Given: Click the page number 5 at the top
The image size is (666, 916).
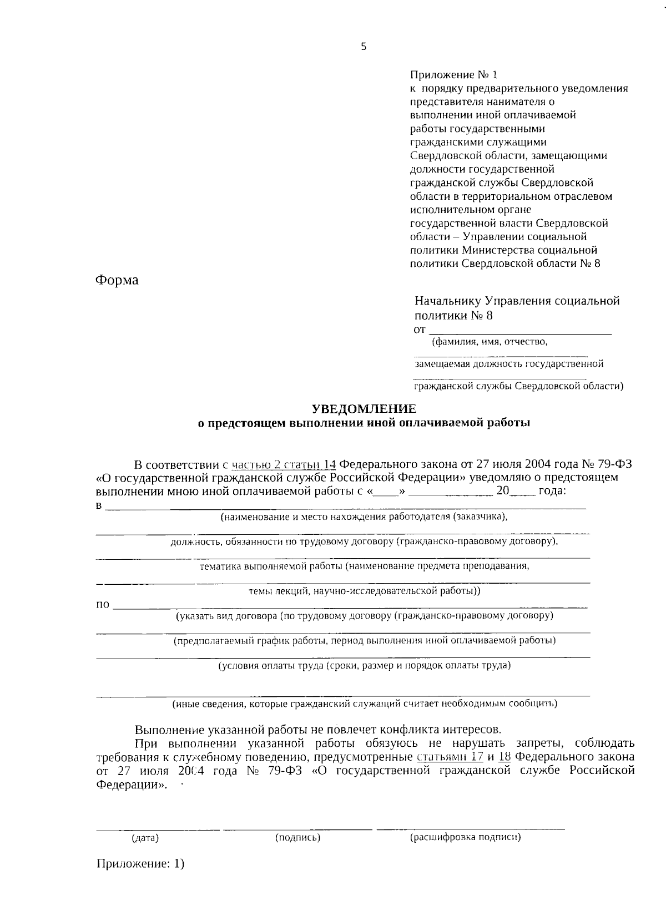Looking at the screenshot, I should [x=364, y=47].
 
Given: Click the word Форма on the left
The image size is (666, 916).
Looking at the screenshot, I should [x=117, y=280].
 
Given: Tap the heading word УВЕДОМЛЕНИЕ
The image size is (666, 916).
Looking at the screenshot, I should [x=364, y=409].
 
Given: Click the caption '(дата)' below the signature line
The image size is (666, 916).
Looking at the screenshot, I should [x=145, y=838].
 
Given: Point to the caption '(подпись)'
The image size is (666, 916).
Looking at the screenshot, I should [x=298, y=837].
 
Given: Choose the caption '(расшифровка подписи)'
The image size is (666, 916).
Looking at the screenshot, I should [x=465, y=837].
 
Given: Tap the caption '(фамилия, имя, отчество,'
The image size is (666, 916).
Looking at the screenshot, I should [x=490, y=342].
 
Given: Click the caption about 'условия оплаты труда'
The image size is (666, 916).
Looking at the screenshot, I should [x=364, y=665].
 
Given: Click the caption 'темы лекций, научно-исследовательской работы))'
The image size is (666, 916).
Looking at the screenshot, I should [x=364, y=591].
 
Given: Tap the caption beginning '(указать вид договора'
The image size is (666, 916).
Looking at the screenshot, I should [x=364, y=616].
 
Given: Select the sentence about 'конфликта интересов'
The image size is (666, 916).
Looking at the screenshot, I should [x=318, y=729].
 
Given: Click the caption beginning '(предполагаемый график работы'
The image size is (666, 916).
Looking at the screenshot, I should [x=365, y=641].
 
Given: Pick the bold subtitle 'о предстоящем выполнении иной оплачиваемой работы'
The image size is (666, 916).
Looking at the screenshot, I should [x=364, y=423].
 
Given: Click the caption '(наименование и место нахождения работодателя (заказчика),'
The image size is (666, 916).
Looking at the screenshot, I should [x=364, y=517].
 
